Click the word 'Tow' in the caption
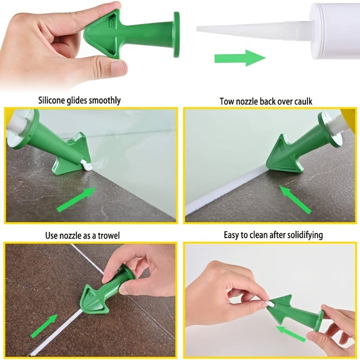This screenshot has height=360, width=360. (226, 101)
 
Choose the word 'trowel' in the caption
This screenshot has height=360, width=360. (107, 235)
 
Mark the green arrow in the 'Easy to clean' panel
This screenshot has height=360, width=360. (291, 333)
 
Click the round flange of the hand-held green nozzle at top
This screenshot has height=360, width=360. (176, 34)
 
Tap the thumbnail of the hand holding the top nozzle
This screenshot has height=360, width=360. (118, 68)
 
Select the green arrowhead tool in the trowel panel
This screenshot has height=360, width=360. (96, 299)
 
